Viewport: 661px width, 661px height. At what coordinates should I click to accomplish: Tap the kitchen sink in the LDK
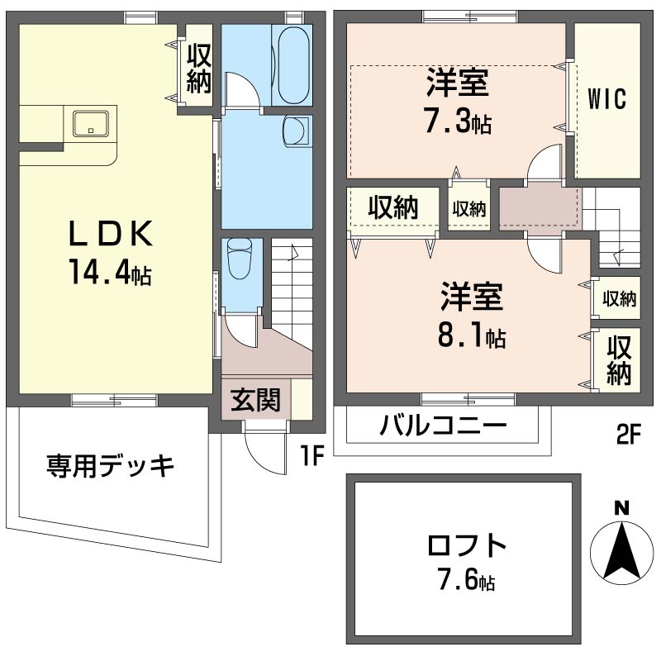pos(88,124)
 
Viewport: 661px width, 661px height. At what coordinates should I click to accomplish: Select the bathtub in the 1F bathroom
pos(292,64)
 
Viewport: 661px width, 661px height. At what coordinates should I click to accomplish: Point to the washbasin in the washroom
pos(295,130)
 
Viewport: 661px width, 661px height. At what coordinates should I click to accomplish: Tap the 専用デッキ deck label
pos(111,466)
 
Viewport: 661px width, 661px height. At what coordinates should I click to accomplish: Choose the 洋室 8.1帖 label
pos(472,316)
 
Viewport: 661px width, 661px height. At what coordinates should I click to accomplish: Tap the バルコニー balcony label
pos(443,427)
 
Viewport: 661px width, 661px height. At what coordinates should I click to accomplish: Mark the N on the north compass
pos(621,507)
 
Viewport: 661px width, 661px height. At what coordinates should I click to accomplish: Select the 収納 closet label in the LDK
pos(199,68)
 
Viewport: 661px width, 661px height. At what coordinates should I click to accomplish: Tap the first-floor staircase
pos(292,289)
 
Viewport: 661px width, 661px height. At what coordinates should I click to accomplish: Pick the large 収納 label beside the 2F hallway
pos(392,208)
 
